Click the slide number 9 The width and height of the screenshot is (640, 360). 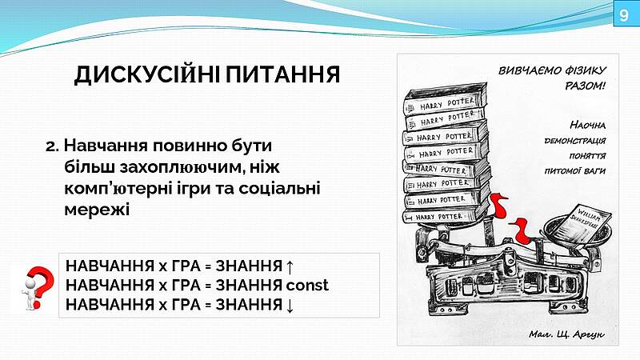(x=623, y=15)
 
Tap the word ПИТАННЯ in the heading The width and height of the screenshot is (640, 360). (x=283, y=74)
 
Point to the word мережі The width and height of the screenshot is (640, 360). (x=97, y=210)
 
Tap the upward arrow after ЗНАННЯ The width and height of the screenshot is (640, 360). (x=290, y=266)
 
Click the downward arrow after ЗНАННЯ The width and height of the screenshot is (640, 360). (x=290, y=305)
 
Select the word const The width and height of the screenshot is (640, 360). (x=307, y=286)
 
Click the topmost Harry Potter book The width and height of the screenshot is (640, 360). (x=445, y=101)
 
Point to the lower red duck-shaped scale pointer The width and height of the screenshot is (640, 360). (x=519, y=230)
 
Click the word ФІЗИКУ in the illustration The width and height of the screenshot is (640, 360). (x=586, y=71)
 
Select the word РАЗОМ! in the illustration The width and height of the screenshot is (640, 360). (x=585, y=86)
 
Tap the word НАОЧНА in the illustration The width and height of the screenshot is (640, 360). (x=587, y=125)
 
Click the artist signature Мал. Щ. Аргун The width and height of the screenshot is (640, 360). (x=566, y=334)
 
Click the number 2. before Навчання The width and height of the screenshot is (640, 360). (x=53, y=146)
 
